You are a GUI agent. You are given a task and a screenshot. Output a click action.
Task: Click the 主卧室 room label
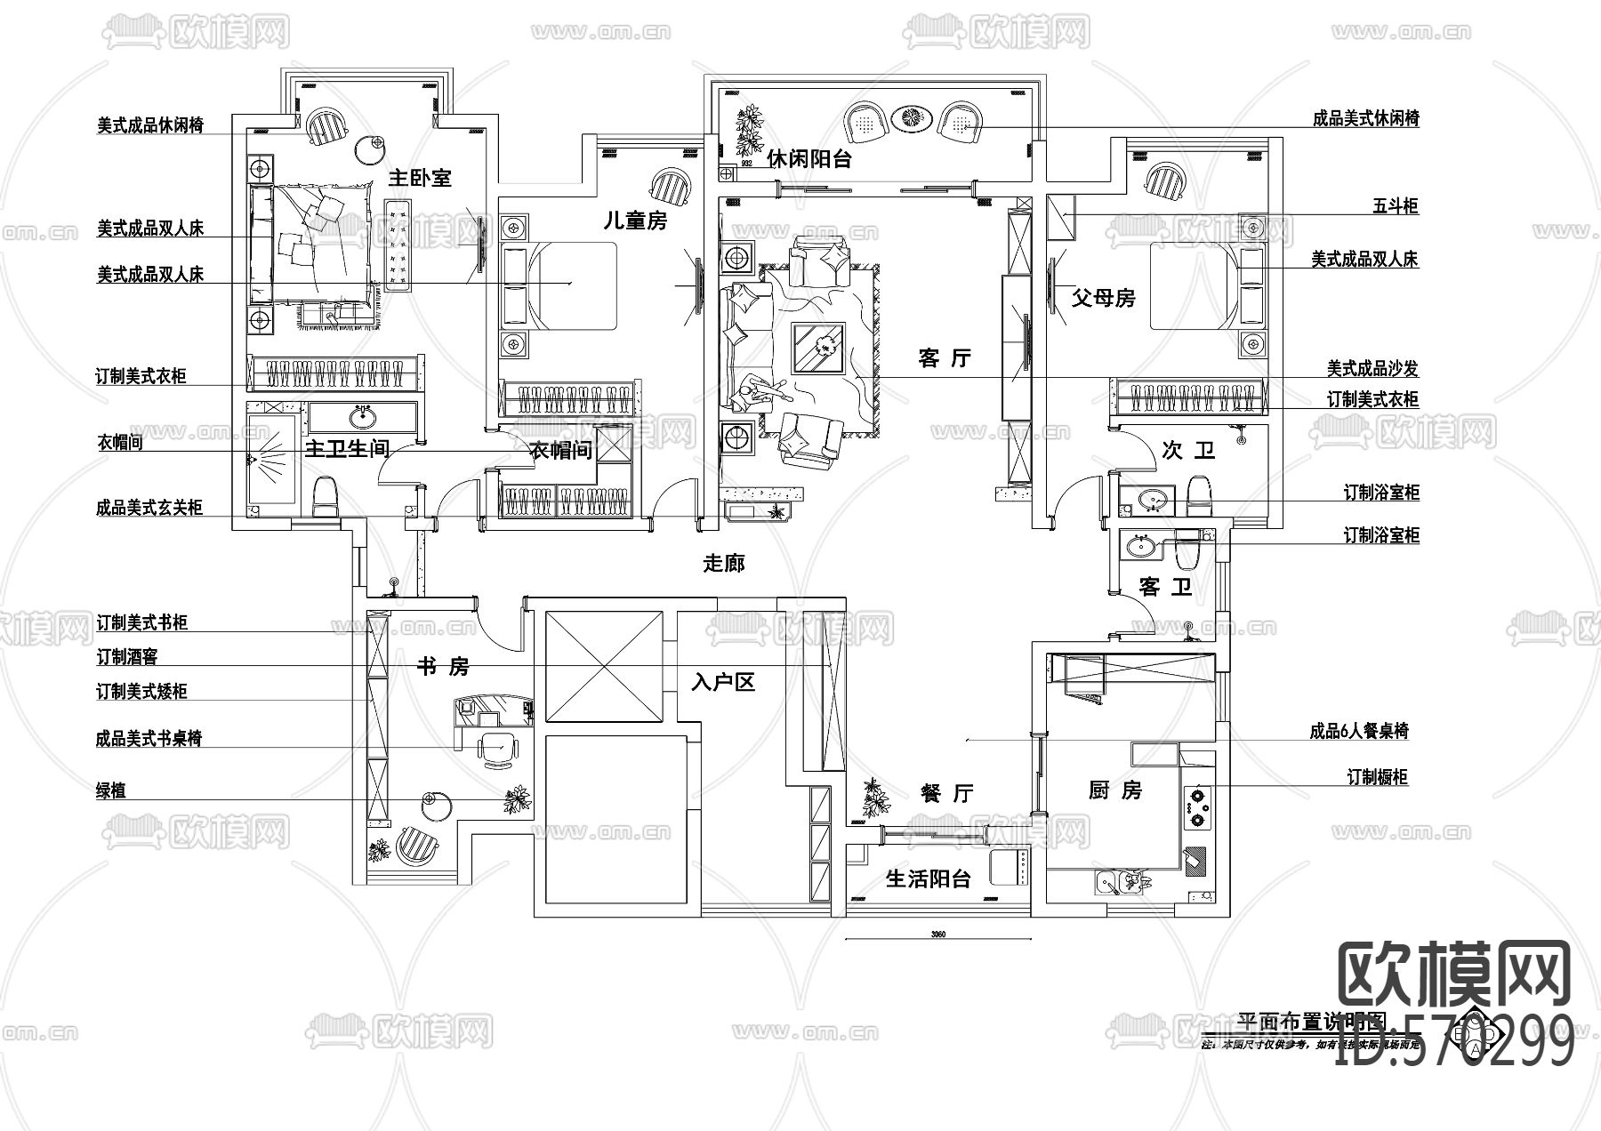420,178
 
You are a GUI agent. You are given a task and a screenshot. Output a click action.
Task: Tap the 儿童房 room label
635,221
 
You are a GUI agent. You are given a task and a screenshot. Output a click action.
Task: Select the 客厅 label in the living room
945,359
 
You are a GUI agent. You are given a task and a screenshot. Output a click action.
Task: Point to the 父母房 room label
1103,298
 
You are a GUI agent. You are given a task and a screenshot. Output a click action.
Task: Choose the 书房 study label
443,666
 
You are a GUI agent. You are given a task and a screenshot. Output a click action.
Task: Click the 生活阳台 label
928,879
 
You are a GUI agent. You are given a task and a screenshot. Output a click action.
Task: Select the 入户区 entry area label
723,683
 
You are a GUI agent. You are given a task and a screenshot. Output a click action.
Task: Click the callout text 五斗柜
1395,207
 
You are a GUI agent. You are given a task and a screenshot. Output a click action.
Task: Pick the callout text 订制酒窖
127,657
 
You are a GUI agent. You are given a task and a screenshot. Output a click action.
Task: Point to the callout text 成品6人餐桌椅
1358,732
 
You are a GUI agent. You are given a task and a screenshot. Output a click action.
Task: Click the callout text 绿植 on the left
111,790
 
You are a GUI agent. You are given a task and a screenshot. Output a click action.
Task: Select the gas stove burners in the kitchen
1198,807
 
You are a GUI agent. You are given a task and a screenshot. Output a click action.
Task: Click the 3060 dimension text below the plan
937,934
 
